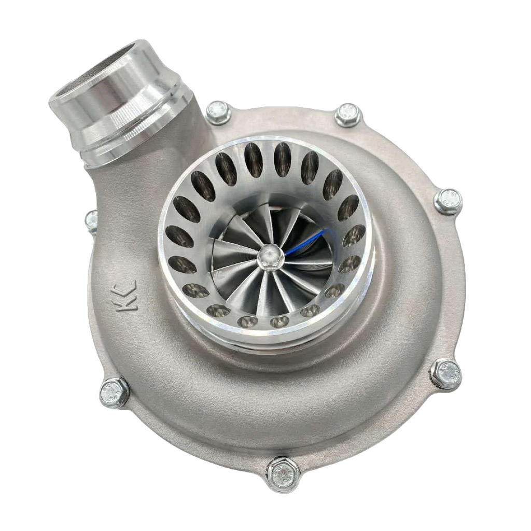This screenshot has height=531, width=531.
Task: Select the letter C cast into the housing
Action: [x=128, y=286]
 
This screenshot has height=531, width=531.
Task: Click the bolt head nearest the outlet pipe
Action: [x=218, y=111]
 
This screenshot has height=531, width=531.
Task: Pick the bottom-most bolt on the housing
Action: [x=283, y=473]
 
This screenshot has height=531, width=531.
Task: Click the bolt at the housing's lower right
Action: [x=446, y=373]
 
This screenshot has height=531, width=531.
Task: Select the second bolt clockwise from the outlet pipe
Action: [x=347, y=115]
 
